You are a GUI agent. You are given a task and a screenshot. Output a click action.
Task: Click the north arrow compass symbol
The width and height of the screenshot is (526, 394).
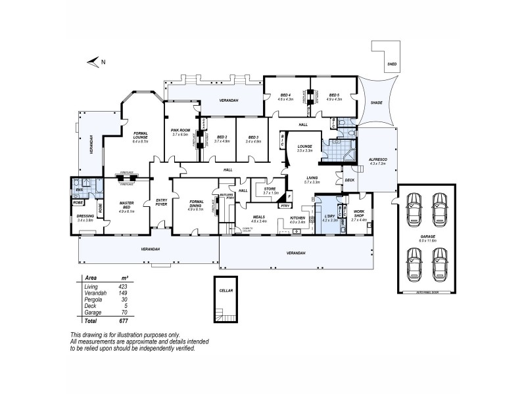[95, 62]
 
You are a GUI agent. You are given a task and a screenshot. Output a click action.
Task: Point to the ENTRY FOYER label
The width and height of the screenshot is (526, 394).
[161, 202]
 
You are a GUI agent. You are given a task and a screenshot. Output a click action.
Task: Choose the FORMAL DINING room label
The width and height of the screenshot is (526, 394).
[196, 206]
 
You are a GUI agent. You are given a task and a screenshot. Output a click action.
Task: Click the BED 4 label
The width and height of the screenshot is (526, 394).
[284, 95]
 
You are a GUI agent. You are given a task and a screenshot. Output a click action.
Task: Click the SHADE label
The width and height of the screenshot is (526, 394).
[376, 102]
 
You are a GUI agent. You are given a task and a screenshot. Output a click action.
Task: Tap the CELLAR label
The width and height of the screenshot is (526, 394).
[227, 290]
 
